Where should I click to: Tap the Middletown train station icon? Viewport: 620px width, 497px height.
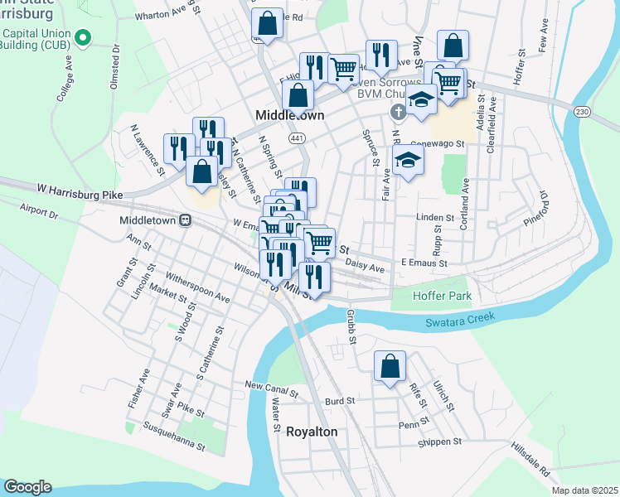coord(186,221)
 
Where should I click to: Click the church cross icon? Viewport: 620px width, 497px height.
coord(397,112)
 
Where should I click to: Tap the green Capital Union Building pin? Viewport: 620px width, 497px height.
coord(82,37)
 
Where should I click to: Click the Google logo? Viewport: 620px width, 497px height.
coord(27,486)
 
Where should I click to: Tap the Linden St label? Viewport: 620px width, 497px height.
coord(435,218)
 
